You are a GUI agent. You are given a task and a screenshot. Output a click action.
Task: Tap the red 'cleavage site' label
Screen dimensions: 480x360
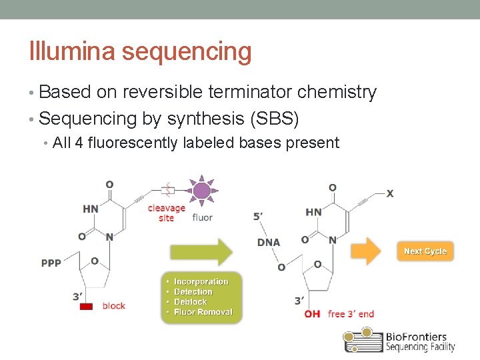166,213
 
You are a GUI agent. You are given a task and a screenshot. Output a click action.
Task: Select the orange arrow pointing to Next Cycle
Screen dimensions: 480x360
366,251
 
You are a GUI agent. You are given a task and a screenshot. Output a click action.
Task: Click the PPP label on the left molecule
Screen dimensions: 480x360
51,263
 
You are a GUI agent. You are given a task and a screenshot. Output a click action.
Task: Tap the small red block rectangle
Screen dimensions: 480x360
86,306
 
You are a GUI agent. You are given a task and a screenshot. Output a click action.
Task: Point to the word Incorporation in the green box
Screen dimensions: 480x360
201,281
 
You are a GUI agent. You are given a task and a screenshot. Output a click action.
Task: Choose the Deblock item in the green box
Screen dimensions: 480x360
193,301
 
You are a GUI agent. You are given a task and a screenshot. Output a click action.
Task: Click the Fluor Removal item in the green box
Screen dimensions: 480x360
203,311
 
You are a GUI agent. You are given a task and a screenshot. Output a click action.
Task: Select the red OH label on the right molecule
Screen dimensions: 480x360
312,313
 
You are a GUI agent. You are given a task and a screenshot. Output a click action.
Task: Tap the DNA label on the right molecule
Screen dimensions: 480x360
269,242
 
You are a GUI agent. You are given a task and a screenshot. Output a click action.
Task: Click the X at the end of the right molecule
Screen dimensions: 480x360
390,193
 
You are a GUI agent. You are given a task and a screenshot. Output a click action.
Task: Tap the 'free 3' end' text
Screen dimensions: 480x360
351,313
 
